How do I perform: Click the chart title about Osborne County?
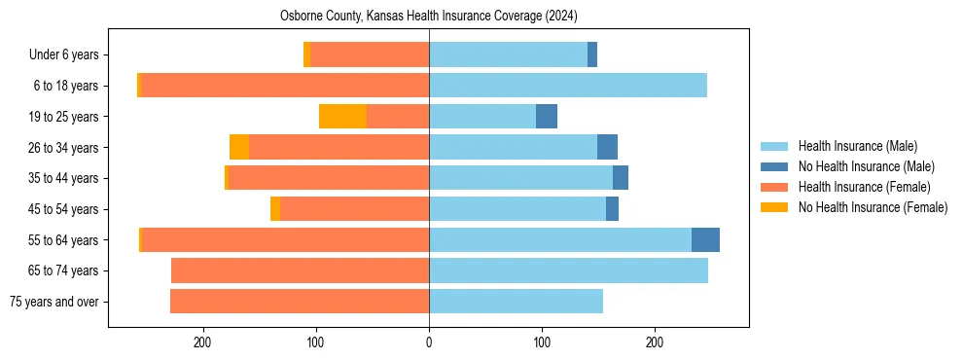pyautogui.click(x=428, y=16)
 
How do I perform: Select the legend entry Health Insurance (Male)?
pyautogui.click(x=857, y=146)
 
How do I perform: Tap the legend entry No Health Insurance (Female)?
pyautogui.click(x=873, y=207)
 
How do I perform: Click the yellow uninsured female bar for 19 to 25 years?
pyautogui.click(x=342, y=117)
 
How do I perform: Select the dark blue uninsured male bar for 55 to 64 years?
pyautogui.click(x=705, y=239)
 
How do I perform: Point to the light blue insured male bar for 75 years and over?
pyautogui.click(x=516, y=302)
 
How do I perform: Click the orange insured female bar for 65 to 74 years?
pyautogui.click(x=300, y=270)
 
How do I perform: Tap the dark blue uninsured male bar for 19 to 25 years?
pyautogui.click(x=547, y=117)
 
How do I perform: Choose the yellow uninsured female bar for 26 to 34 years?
pyautogui.click(x=239, y=147)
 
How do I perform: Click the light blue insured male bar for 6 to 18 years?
pyautogui.click(x=568, y=86)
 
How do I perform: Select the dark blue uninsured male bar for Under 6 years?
pyautogui.click(x=592, y=54)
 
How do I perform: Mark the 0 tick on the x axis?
pyautogui.click(x=429, y=342)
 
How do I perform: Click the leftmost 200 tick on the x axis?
pyautogui.click(x=203, y=342)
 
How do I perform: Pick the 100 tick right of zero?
pyautogui.click(x=542, y=342)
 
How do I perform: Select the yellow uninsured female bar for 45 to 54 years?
pyautogui.click(x=275, y=209)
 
